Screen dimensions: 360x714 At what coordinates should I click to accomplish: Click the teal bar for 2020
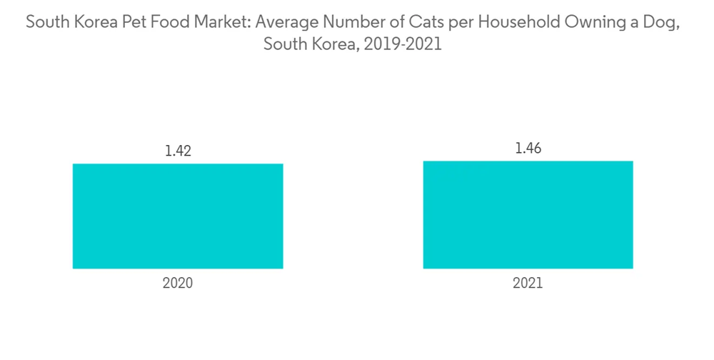tap(178, 216)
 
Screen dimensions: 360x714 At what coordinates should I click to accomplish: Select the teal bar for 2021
tap(528, 215)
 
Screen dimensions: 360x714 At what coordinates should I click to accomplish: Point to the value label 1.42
tap(178, 151)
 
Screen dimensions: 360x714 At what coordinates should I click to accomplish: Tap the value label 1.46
tap(528, 148)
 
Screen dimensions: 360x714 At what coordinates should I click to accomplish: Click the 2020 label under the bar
tap(178, 284)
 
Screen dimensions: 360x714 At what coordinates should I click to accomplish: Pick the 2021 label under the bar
tap(528, 284)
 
